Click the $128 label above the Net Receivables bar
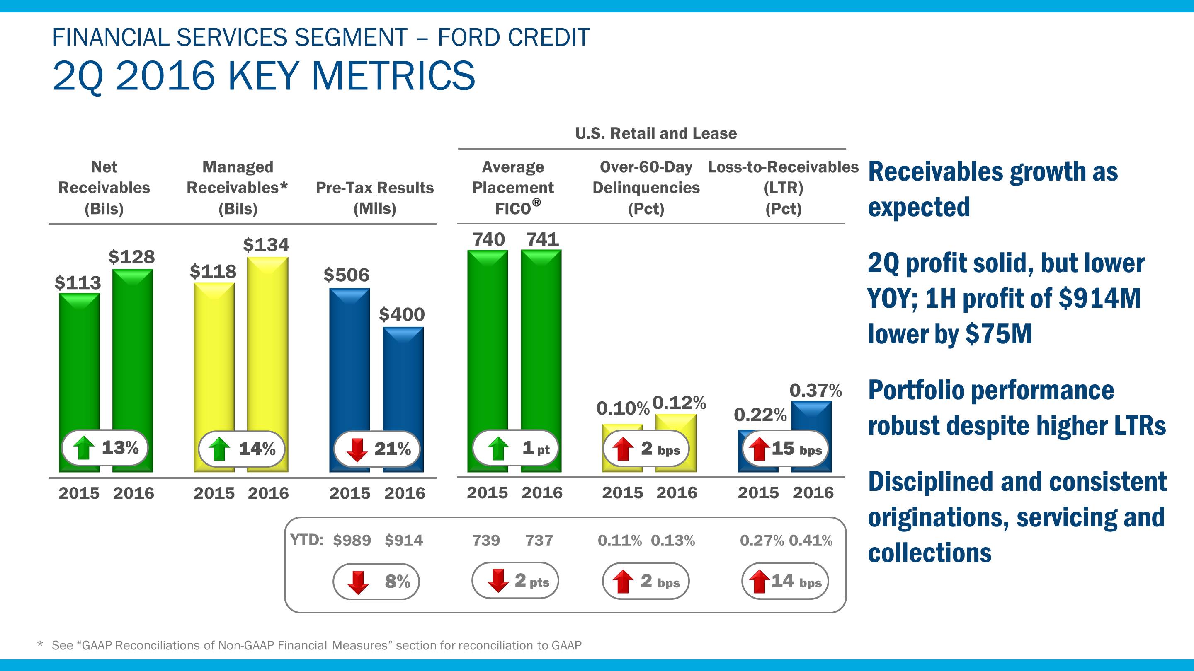tap(132, 257)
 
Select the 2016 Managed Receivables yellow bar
tap(267, 343)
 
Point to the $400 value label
tap(402, 315)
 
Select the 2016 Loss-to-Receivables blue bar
tap(812, 417)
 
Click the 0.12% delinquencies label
tap(679, 403)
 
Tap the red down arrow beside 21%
tap(357, 449)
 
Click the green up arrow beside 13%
tap(84, 448)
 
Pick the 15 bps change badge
tap(786, 449)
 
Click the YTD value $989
tap(352, 541)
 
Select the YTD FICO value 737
tap(539, 541)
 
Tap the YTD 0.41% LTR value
tap(811, 541)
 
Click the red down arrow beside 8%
tap(358, 582)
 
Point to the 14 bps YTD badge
tap(785, 581)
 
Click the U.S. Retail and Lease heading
tap(656, 134)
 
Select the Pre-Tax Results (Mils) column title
tap(374, 198)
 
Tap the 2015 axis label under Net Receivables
tap(79, 493)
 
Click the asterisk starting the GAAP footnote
tap(40, 644)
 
